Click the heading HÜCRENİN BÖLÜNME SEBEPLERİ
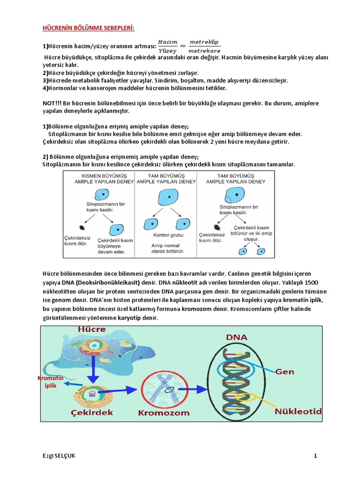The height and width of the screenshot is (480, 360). click(88, 29)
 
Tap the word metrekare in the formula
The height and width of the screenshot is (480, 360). click(204, 51)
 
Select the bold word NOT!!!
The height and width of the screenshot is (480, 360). click(52, 103)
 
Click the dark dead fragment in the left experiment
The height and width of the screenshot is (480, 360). click(82, 228)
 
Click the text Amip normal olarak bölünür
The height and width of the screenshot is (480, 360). click(167, 248)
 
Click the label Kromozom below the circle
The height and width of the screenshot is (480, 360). click(164, 413)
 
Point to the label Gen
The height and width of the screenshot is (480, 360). click(284, 372)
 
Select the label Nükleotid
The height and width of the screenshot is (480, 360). click(298, 412)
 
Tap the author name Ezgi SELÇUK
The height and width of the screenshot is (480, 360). click(58, 456)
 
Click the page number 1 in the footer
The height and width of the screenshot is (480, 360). click(315, 456)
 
